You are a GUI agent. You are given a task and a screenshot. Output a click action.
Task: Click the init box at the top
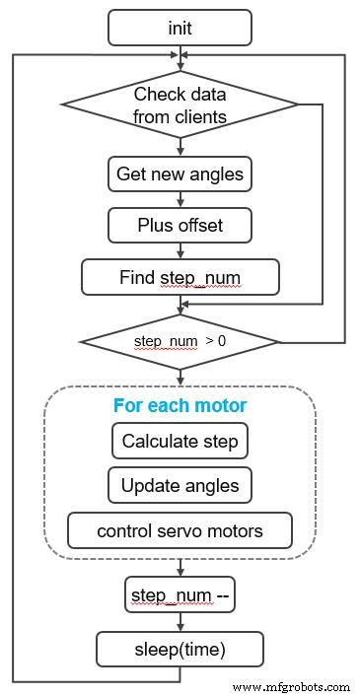pos(180,27)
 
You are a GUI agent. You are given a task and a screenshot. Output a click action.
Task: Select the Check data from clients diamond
pos(180,105)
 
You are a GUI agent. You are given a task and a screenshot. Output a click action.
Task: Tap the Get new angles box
pos(180,174)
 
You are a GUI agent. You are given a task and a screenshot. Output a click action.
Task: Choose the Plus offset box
pos(180,225)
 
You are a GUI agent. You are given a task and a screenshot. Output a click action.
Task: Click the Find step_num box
pos(180,277)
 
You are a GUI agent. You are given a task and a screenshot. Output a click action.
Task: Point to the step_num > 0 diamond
pos(180,341)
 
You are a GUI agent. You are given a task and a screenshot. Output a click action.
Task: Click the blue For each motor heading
pos(180,406)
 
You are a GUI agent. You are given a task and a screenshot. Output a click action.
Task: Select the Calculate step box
pos(180,441)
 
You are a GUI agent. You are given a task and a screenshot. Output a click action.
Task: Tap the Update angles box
pos(180,485)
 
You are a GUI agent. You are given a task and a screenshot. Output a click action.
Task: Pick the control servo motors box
pos(180,530)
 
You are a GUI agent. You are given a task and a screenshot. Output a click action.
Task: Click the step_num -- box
pos(180,595)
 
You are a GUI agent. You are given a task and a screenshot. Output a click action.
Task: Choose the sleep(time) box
pos(180,649)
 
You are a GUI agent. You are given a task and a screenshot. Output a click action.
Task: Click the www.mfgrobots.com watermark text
pos(291,686)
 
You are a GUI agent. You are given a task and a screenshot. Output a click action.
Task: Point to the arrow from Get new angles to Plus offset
pos(180,200)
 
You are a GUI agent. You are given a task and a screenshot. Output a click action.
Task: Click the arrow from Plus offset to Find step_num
pos(180,250)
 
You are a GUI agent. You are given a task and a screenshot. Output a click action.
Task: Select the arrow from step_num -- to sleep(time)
pos(180,622)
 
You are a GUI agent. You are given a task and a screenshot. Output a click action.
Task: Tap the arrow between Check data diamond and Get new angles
pos(180,147)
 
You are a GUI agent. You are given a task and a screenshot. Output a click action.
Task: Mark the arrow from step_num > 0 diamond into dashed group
pos(180,377)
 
